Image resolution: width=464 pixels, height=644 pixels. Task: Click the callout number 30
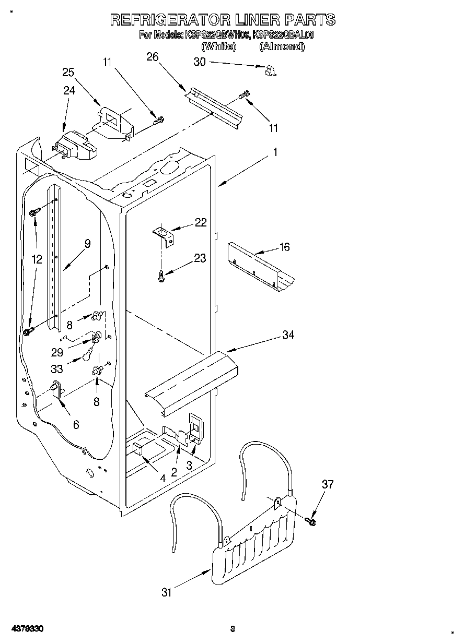coord(200,62)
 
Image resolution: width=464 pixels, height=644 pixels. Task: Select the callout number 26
coord(152,57)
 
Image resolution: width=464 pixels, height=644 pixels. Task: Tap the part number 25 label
coord(68,72)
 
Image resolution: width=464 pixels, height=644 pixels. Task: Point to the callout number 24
coord(69,90)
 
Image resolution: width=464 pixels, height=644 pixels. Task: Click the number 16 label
coord(284,247)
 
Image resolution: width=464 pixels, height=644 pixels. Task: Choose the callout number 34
coord(288,335)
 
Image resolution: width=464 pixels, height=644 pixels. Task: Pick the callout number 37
coord(327,484)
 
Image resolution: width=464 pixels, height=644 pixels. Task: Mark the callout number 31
coord(166,592)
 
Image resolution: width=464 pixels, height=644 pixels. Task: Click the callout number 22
coord(200,222)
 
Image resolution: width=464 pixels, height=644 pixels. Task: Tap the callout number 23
coord(200,258)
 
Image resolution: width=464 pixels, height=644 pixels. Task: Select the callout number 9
coord(87,243)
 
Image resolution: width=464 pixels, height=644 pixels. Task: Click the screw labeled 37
coord(312,520)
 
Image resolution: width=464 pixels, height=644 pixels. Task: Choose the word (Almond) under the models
coord(282,46)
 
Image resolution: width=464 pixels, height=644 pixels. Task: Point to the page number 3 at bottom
coord(233,628)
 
